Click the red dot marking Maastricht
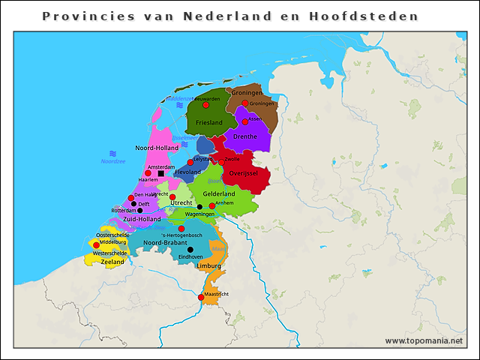pyautogui.click(x=201, y=298)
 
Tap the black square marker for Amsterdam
pyautogui.click(x=160, y=173)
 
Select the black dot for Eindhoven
pyautogui.click(x=190, y=249)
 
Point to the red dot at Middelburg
pyautogui.click(x=96, y=244)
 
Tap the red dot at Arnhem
pyautogui.click(x=211, y=205)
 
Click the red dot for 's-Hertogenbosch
pyautogui.click(x=181, y=229)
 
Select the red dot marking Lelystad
pyautogui.click(x=190, y=162)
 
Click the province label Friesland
pyautogui.click(x=208, y=122)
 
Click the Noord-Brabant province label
pyautogui.click(x=165, y=243)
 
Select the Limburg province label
pyautogui.click(x=208, y=265)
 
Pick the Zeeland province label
pyautogui.click(x=112, y=262)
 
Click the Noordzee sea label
pyautogui.click(x=113, y=161)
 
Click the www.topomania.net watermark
pyautogui.click(x=424, y=340)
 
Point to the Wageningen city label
pyautogui.click(x=199, y=214)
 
